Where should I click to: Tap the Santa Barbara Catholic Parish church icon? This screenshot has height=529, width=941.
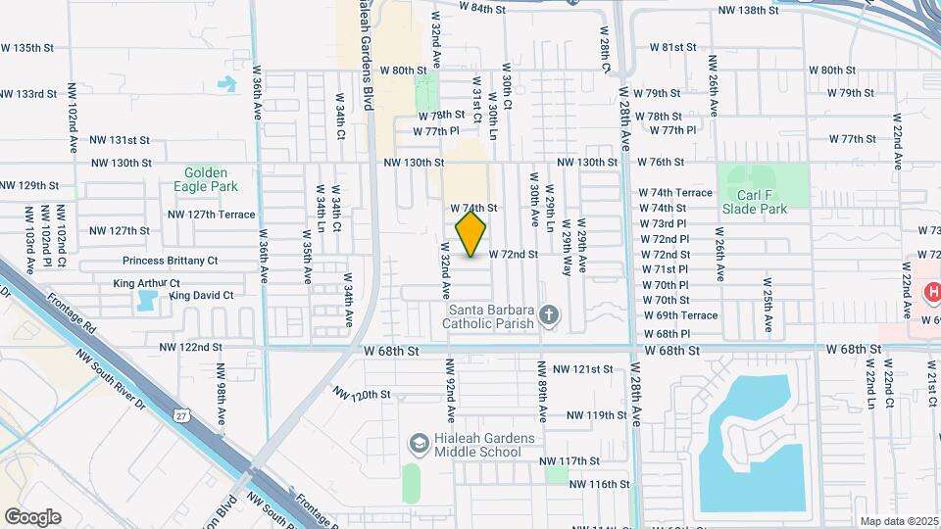[x=550, y=315]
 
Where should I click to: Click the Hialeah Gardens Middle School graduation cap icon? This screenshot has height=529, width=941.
[x=420, y=445]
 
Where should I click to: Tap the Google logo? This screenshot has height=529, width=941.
[x=32, y=516]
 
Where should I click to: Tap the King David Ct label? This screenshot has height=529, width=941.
[x=201, y=295]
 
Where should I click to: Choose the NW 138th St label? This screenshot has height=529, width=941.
[x=750, y=10]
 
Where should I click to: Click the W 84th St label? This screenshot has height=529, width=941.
[x=482, y=8]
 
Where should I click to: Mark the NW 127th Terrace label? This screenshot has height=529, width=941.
[x=211, y=215]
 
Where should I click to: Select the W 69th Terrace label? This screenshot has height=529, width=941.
[x=680, y=315]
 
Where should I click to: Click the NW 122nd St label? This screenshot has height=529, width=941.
[x=190, y=347]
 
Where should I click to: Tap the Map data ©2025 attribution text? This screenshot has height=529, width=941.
[x=898, y=521]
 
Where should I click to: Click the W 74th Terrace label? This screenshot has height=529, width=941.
[x=675, y=193]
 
